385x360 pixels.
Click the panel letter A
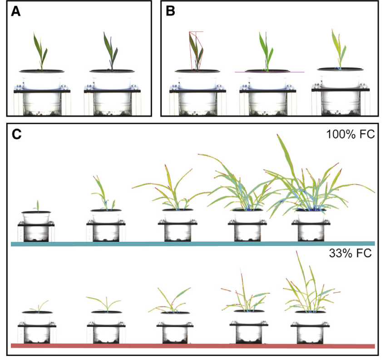(16, 12)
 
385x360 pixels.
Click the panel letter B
(171, 12)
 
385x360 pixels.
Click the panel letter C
(17, 135)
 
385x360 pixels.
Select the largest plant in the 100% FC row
(313, 182)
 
